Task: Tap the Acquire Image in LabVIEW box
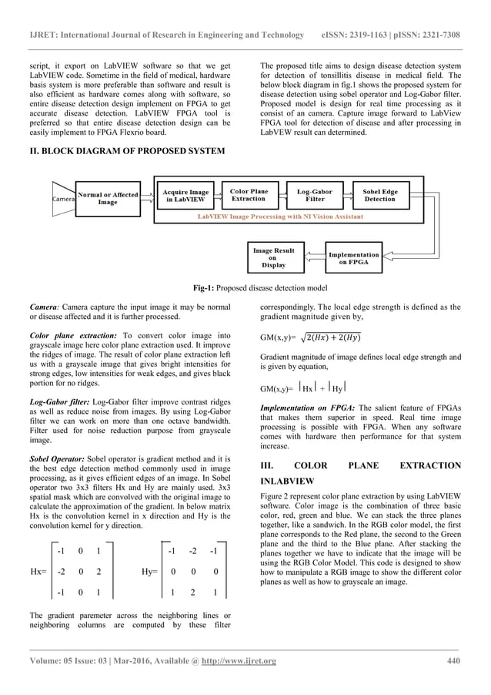click(x=185, y=196)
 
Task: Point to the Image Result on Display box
click(x=272, y=257)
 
